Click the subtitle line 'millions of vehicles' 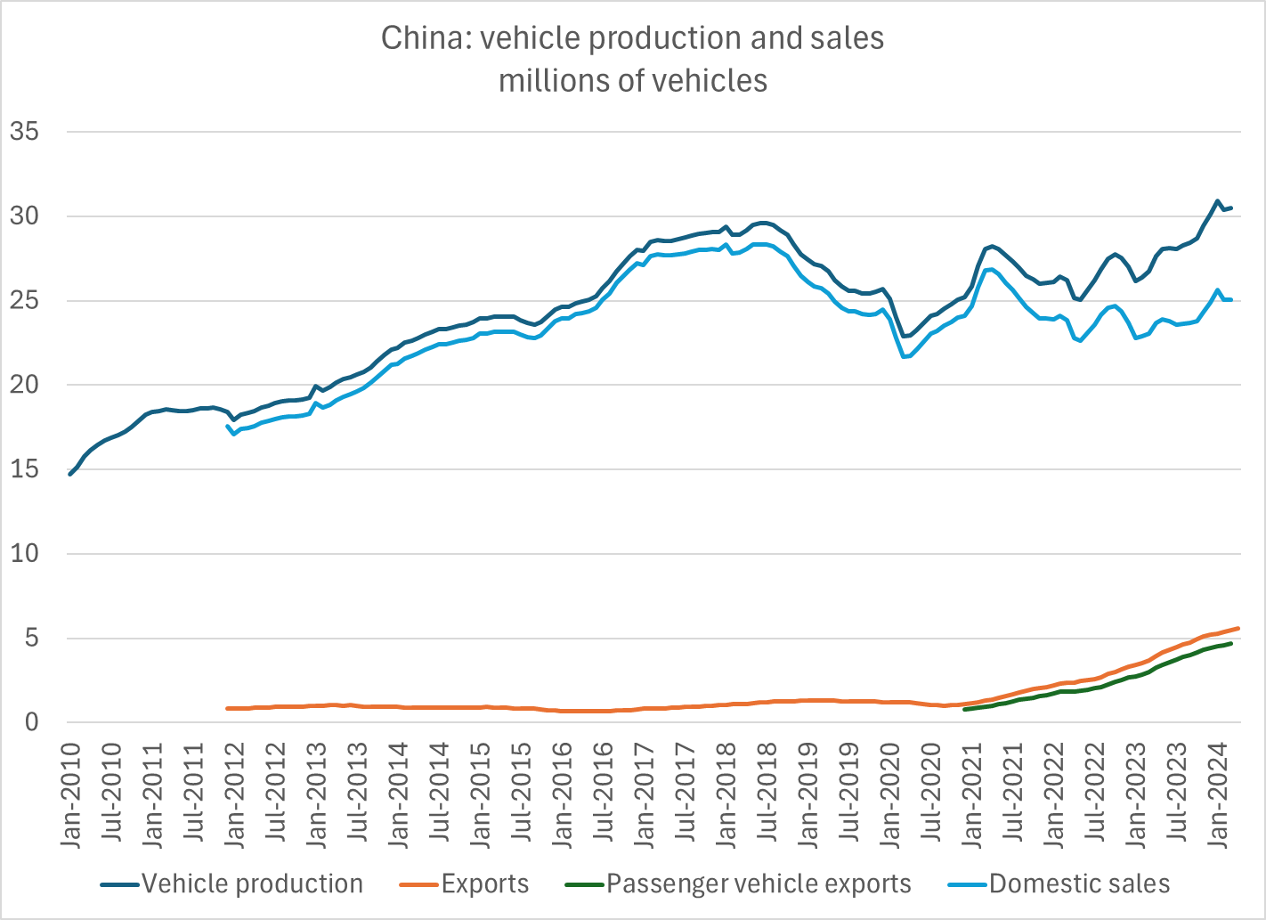pyautogui.click(x=633, y=81)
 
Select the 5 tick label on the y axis pyautogui.click(x=32, y=638)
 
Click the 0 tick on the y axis pyautogui.click(x=32, y=722)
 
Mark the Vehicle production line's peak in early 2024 pyautogui.click(x=1217, y=201)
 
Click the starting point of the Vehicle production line pyautogui.click(x=70, y=474)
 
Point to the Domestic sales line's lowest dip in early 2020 pyautogui.click(x=904, y=357)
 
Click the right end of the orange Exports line pyautogui.click(x=1238, y=628)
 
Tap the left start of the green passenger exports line pyautogui.click(x=965, y=710)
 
